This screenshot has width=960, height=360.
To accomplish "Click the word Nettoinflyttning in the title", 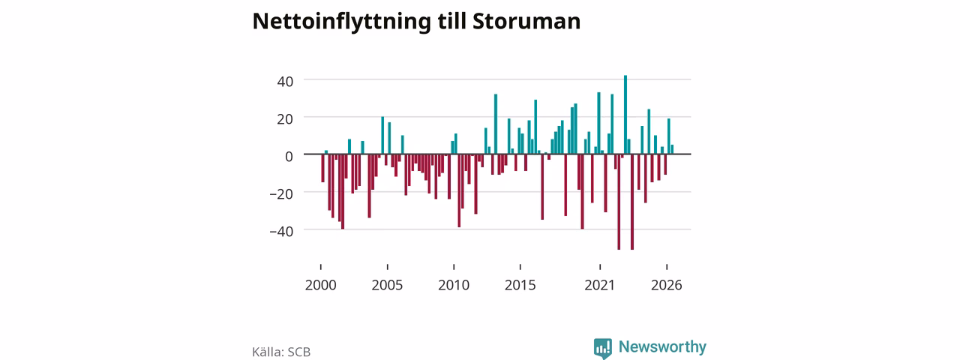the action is [341, 22].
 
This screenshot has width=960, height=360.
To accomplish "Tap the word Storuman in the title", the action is [526, 21].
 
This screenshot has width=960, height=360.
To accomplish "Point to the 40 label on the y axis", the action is [285, 82].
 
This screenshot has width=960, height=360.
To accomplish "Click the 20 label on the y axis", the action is [285, 119].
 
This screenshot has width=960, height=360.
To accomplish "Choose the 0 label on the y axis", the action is [289, 157].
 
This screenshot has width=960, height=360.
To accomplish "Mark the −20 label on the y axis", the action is [281, 194].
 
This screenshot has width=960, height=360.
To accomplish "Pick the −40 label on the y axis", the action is [281, 232].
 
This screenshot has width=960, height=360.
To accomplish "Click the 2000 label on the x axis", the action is [320, 285].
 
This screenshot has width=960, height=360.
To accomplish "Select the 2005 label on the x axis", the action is [387, 285].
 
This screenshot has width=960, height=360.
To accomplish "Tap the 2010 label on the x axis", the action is [454, 285].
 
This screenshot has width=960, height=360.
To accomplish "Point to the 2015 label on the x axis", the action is [520, 285].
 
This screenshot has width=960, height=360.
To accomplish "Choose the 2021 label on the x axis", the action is [600, 285].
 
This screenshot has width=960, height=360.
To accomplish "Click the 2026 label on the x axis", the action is [667, 285].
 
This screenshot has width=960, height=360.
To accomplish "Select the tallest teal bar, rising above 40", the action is [625, 115].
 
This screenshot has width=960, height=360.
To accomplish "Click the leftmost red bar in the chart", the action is [322, 168].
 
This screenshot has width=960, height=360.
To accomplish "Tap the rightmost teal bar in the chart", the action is [672, 149].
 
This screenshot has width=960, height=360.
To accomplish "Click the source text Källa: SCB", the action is [281, 352].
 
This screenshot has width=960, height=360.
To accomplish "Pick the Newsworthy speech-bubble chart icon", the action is [602, 348].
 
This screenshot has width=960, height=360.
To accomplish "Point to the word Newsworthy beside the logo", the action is [662, 346].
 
